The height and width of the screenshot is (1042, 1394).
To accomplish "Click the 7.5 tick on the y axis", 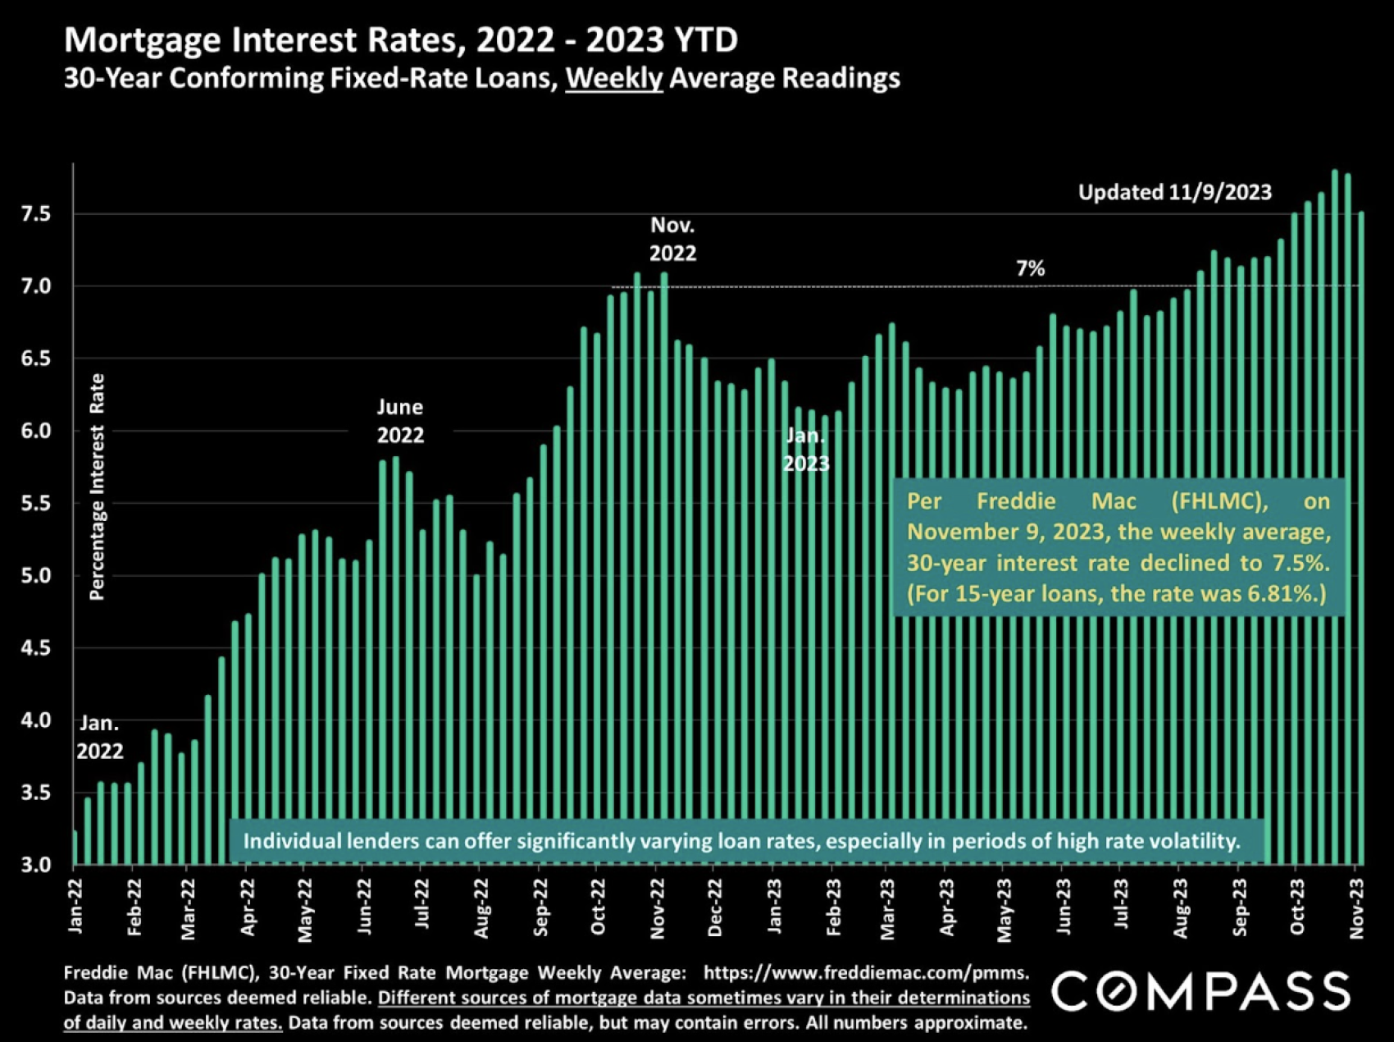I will (35, 214).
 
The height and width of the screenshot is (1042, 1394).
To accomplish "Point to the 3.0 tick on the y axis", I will (35, 864).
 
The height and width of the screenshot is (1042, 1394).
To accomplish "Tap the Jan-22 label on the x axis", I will (75, 906).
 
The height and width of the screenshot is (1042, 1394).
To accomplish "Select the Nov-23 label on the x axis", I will (1356, 907).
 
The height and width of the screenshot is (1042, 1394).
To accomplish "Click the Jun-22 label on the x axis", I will (364, 906).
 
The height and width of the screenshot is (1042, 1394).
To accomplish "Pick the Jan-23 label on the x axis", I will (774, 906).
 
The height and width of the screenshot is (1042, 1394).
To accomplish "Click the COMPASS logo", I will (1200, 991).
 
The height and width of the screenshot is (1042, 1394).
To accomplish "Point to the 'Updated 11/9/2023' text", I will (1174, 192).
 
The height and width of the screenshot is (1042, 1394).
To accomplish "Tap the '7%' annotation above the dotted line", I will (1030, 268).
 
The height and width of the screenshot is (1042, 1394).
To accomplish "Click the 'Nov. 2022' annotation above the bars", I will (672, 239).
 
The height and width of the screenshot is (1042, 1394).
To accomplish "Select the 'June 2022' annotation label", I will (400, 421).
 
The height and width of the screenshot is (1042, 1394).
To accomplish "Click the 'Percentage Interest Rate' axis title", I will (97, 487).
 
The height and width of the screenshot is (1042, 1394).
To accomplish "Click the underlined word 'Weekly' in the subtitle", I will (613, 78).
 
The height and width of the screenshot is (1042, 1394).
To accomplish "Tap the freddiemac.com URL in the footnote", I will (866, 973).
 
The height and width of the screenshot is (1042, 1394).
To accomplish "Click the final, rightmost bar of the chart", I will (1361, 537).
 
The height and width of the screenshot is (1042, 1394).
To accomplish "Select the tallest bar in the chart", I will (1335, 517).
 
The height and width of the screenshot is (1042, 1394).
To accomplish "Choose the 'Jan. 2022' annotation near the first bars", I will (100, 737).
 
